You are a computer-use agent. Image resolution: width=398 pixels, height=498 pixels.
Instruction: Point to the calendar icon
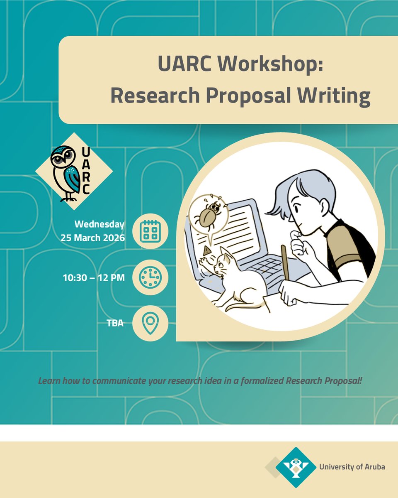pos(150,231)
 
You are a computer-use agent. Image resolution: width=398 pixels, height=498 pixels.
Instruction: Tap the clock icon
pos(150,277)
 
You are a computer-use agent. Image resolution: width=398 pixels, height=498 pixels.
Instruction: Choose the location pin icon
pos(150,323)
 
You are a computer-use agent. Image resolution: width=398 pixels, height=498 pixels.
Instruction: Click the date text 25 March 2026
pos(92,238)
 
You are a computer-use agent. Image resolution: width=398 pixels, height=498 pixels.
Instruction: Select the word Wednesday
pos(99,224)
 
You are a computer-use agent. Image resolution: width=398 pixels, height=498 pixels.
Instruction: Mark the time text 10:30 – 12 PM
pos(94,277)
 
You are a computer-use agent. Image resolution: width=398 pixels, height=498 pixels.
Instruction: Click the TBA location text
pos(115,323)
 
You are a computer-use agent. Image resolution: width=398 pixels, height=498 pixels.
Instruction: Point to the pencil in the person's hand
pos(285,262)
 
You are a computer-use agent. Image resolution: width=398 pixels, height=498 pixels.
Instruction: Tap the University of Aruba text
pos(352,467)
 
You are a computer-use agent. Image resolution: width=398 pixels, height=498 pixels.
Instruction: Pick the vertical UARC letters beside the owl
pos(86,171)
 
